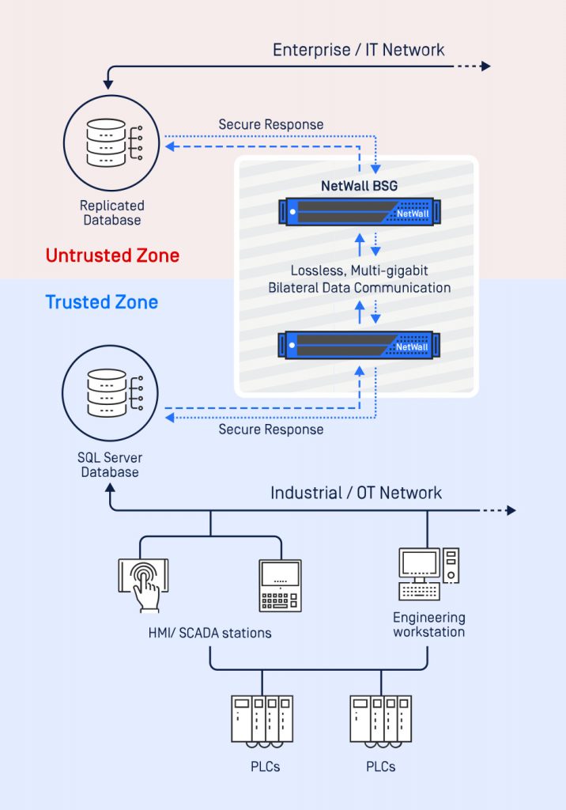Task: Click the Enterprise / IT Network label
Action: point(358,50)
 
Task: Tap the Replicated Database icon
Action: point(111,143)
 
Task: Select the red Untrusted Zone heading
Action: point(112,255)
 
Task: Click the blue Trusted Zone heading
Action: point(102,301)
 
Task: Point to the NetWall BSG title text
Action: point(360,186)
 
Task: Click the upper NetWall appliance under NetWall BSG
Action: point(360,212)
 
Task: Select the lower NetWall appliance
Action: point(359,345)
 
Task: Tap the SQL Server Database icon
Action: point(110,393)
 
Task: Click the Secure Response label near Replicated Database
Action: point(271,124)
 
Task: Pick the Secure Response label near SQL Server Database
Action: point(271,430)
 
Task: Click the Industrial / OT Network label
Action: point(357,493)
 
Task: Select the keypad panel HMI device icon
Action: point(281,586)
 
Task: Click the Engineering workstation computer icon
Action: point(428,574)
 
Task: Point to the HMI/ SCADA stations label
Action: point(209,633)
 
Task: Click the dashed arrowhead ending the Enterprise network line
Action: point(485,66)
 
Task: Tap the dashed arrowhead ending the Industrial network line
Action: point(511,510)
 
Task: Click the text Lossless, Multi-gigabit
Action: point(360,271)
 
